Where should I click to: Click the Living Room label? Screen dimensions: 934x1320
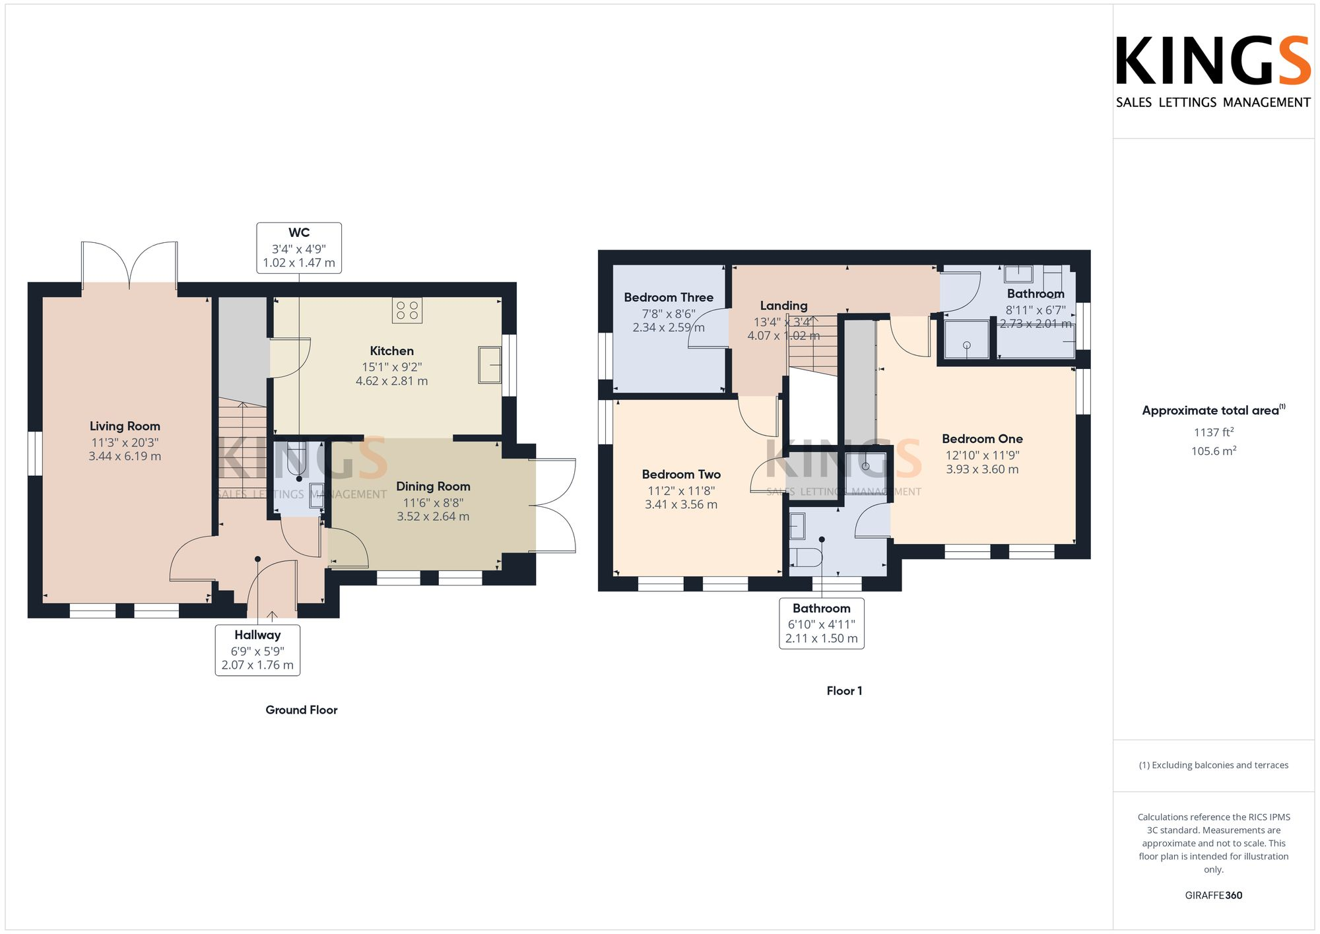coord(125,426)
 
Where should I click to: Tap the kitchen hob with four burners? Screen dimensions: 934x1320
coord(407,310)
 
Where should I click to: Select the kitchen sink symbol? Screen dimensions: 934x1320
coord(489,364)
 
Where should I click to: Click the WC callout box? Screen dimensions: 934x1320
coord(299,248)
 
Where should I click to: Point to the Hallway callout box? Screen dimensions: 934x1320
coord(257,650)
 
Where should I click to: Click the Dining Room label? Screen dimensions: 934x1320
coord(433,486)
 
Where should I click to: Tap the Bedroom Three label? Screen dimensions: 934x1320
coord(669,298)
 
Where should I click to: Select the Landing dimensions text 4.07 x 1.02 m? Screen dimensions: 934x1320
coord(783,336)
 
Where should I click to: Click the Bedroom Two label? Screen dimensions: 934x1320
coord(681,475)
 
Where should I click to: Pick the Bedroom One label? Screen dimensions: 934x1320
coord(982,439)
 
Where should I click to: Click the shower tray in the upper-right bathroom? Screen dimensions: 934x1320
coord(966,340)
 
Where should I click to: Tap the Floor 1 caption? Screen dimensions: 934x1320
coord(844,691)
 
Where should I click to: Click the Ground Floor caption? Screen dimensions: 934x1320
coord(301,710)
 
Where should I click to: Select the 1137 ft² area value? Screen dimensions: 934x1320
coord(1213,432)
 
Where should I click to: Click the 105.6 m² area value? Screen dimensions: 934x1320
coord(1213,451)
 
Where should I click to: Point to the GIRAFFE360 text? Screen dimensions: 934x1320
coord(1213,896)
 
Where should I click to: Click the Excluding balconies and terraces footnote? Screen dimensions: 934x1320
coord(1213,766)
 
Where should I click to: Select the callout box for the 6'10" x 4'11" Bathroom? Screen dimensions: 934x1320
coord(821,624)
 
